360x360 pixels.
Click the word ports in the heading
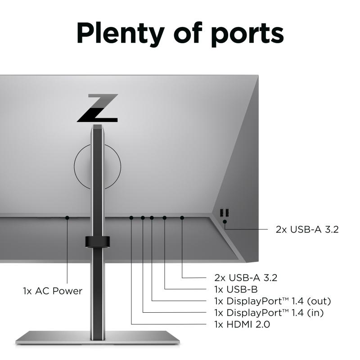tap(247, 35)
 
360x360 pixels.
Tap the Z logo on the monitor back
tap(98, 108)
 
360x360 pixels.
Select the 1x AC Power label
tap(53, 291)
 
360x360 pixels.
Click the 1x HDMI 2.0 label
tap(242, 324)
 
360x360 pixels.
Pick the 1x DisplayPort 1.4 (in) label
tap(269, 313)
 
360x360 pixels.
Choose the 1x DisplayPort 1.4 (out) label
tap(273, 301)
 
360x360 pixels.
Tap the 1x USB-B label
tap(236, 289)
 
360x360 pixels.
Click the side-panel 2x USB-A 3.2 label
tap(307, 229)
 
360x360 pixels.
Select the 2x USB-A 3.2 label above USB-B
tap(246, 278)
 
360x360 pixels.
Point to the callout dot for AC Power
tap(67, 217)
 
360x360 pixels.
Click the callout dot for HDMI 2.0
tap(131, 217)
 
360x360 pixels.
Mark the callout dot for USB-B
tap(164, 217)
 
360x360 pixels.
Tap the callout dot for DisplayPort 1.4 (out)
tap(152, 217)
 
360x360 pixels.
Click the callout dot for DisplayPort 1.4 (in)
tap(143, 217)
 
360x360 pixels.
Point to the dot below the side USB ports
tap(225, 221)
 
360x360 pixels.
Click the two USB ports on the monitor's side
tap(224, 212)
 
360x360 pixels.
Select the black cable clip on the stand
tap(97, 242)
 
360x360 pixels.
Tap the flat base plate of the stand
tap(98, 337)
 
